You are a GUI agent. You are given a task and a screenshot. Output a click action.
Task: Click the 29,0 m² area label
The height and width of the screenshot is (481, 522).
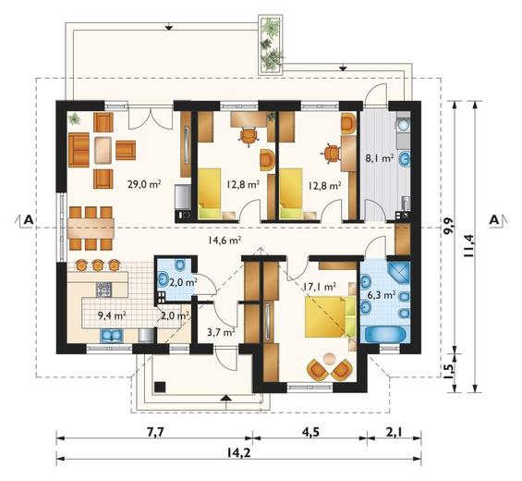pyautogui.click(x=144, y=184)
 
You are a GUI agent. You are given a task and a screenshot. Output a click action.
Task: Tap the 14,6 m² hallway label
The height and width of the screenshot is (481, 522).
pyautogui.click(x=225, y=240)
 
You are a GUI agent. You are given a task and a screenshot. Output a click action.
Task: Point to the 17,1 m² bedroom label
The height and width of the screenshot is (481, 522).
pyautogui.click(x=319, y=286)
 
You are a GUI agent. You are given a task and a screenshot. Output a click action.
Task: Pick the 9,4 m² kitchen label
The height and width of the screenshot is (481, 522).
pyautogui.click(x=111, y=315)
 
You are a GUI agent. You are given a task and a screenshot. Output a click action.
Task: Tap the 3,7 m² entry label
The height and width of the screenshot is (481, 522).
pyautogui.click(x=221, y=332)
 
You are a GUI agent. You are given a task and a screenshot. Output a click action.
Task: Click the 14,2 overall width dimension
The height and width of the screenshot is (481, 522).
pyautogui.click(x=238, y=452)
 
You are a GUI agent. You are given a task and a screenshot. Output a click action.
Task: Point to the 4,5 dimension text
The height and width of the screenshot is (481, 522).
pyautogui.click(x=311, y=432)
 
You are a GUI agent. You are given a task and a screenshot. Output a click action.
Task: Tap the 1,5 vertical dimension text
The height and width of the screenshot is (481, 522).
pyautogui.click(x=449, y=371)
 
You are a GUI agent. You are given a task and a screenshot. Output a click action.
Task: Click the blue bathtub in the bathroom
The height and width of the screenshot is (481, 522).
pyautogui.click(x=385, y=334)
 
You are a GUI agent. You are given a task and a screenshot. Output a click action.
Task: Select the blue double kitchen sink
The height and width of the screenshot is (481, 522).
pyautogui.click(x=112, y=336)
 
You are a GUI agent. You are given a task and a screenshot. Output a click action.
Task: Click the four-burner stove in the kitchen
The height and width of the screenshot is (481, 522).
pyautogui.click(x=103, y=290)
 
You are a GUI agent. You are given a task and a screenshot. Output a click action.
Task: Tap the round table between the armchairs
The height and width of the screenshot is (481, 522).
pyautogui.click(x=330, y=359)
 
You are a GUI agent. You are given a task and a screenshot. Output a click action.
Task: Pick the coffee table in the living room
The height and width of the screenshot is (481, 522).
pyautogui.click(x=103, y=151)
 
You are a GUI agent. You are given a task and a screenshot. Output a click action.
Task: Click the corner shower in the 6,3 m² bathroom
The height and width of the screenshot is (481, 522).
pyautogui.click(x=398, y=273)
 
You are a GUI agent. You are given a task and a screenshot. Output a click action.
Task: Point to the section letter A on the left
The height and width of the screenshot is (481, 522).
pyautogui.click(x=29, y=219)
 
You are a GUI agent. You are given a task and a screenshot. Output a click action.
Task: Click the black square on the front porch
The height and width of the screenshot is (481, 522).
pyautogui.click(x=160, y=387)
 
